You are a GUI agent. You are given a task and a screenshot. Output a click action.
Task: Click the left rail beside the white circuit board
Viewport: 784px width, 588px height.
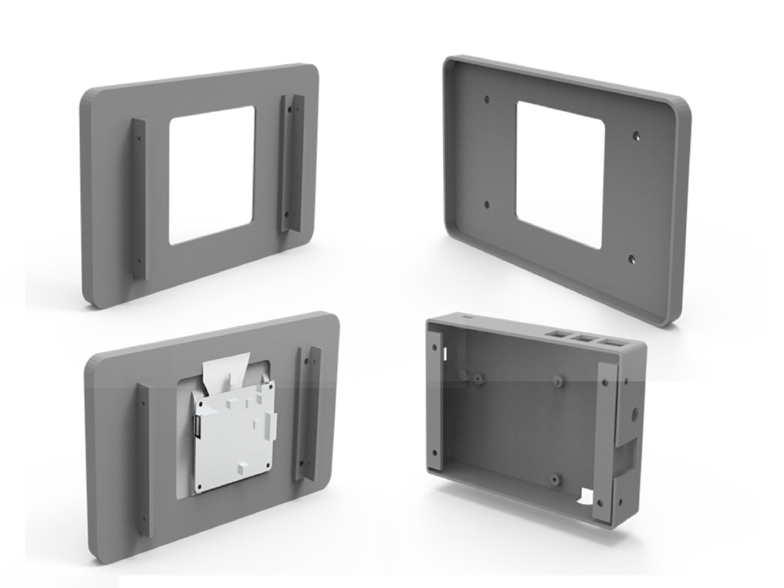[x=145, y=459]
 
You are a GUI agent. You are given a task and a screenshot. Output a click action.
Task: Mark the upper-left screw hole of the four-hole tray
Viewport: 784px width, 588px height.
[x=487, y=100]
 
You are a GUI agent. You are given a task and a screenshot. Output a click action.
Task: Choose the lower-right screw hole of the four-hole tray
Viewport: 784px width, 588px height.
[x=633, y=257]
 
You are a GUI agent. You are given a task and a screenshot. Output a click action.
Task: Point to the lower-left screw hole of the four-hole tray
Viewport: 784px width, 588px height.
[x=487, y=205]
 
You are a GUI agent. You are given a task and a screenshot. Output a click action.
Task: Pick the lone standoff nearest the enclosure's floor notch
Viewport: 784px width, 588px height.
[x=554, y=477]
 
